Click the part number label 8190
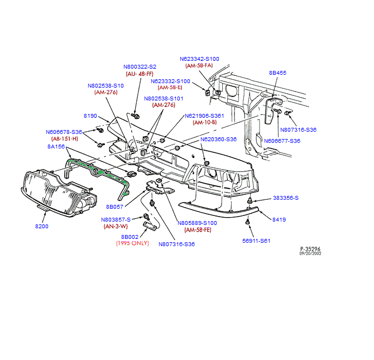90,116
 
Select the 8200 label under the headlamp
42,227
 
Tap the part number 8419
279,219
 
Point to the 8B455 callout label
277,73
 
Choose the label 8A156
56,146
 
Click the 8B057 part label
115,207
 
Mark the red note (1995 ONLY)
132,243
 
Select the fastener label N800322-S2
140,67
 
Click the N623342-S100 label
199,59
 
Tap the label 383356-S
286,198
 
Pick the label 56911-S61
256,241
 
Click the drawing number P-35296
310,249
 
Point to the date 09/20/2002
310,253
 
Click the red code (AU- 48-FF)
140,74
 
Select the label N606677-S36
282,141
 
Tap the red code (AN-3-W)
116,226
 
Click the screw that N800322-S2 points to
136,116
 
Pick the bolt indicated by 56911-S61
247,222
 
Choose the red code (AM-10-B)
205,123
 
